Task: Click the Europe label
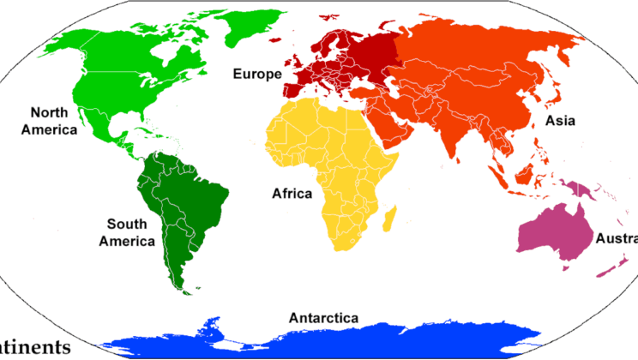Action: click(256, 75)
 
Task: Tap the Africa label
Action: click(292, 194)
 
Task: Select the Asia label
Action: click(560, 121)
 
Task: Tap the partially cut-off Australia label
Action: click(617, 237)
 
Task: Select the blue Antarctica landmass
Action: click(326, 343)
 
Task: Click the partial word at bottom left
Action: click(34, 348)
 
